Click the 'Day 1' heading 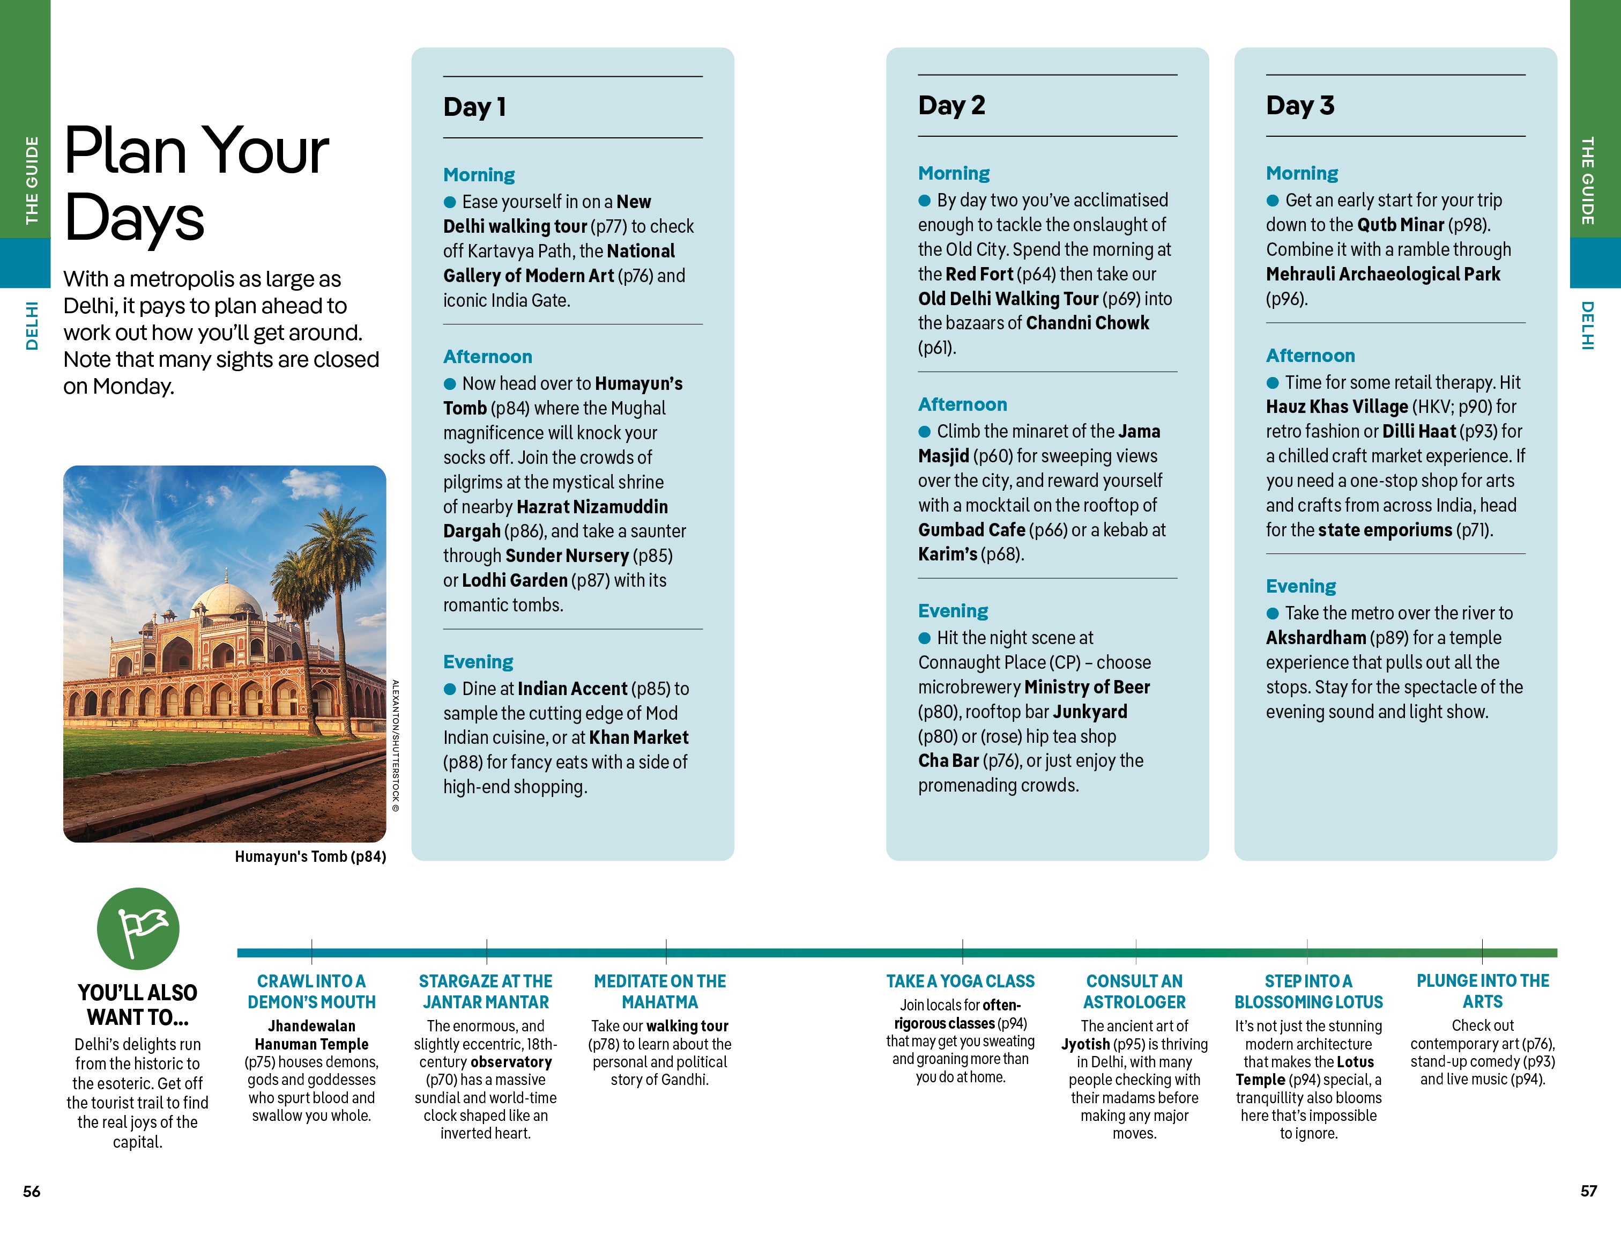point(474,107)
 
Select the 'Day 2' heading point(951,106)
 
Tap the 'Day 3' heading point(1299,106)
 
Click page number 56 point(31,1191)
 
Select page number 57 point(1588,1191)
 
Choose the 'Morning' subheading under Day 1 point(479,174)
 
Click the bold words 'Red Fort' point(979,274)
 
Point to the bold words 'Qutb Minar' point(1401,224)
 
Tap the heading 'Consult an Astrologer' point(1134,991)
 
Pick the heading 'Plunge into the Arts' point(1482,991)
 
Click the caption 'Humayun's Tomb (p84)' point(310,856)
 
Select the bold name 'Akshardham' point(1315,637)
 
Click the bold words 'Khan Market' point(638,737)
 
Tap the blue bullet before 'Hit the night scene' point(924,638)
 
